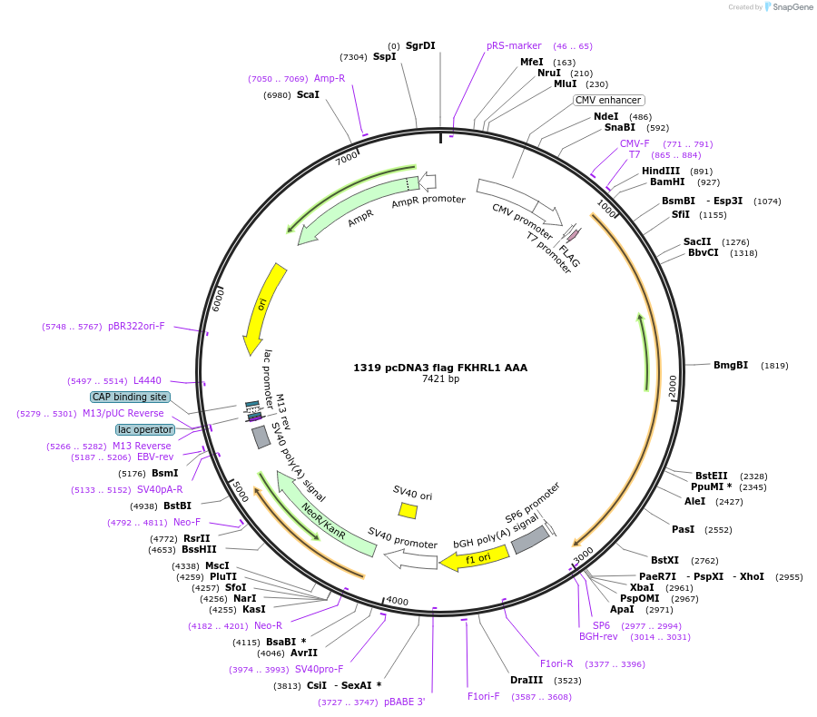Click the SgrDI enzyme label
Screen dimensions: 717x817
click(420, 45)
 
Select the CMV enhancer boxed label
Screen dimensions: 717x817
click(608, 101)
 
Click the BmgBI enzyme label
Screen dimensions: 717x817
click(731, 366)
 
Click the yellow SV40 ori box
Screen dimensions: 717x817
click(408, 511)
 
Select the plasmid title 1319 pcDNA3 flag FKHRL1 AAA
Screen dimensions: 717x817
click(440, 368)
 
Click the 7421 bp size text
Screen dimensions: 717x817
click(440, 379)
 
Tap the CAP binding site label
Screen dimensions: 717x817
click(130, 397)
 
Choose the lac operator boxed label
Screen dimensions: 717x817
click(144, 429)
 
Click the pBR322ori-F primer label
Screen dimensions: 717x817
click(136, 326)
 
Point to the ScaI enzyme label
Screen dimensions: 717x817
click(308, 94)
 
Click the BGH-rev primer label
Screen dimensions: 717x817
click(598, 636)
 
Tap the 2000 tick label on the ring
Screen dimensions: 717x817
click(672, 387)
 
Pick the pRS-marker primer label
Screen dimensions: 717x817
click(514, 45)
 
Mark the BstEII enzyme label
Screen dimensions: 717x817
click(712, 476)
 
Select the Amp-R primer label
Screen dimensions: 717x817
click(330, 78)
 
